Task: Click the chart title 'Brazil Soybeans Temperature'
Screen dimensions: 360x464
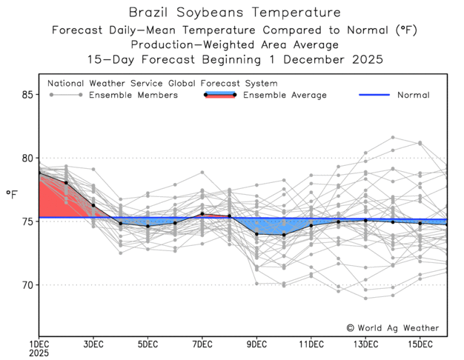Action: point(235,13)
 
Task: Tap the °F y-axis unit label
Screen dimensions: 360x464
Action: point(12,194)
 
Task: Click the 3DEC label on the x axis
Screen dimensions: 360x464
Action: point(93,344)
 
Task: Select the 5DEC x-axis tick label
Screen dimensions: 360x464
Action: point(148,344)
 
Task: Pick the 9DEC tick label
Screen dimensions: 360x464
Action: point(256,344)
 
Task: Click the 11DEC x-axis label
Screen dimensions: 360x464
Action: point(311,344)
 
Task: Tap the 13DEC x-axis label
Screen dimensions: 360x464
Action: point(365,344)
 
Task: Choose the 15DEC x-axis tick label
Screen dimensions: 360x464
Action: point(420,344)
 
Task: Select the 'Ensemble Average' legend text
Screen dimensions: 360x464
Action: point(285,95)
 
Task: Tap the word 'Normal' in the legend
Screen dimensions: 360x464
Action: point(413,95)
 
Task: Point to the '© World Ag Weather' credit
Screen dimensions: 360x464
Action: point(392,327)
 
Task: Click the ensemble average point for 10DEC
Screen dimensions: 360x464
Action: point(284,235)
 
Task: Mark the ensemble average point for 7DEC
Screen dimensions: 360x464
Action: point(202,214)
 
